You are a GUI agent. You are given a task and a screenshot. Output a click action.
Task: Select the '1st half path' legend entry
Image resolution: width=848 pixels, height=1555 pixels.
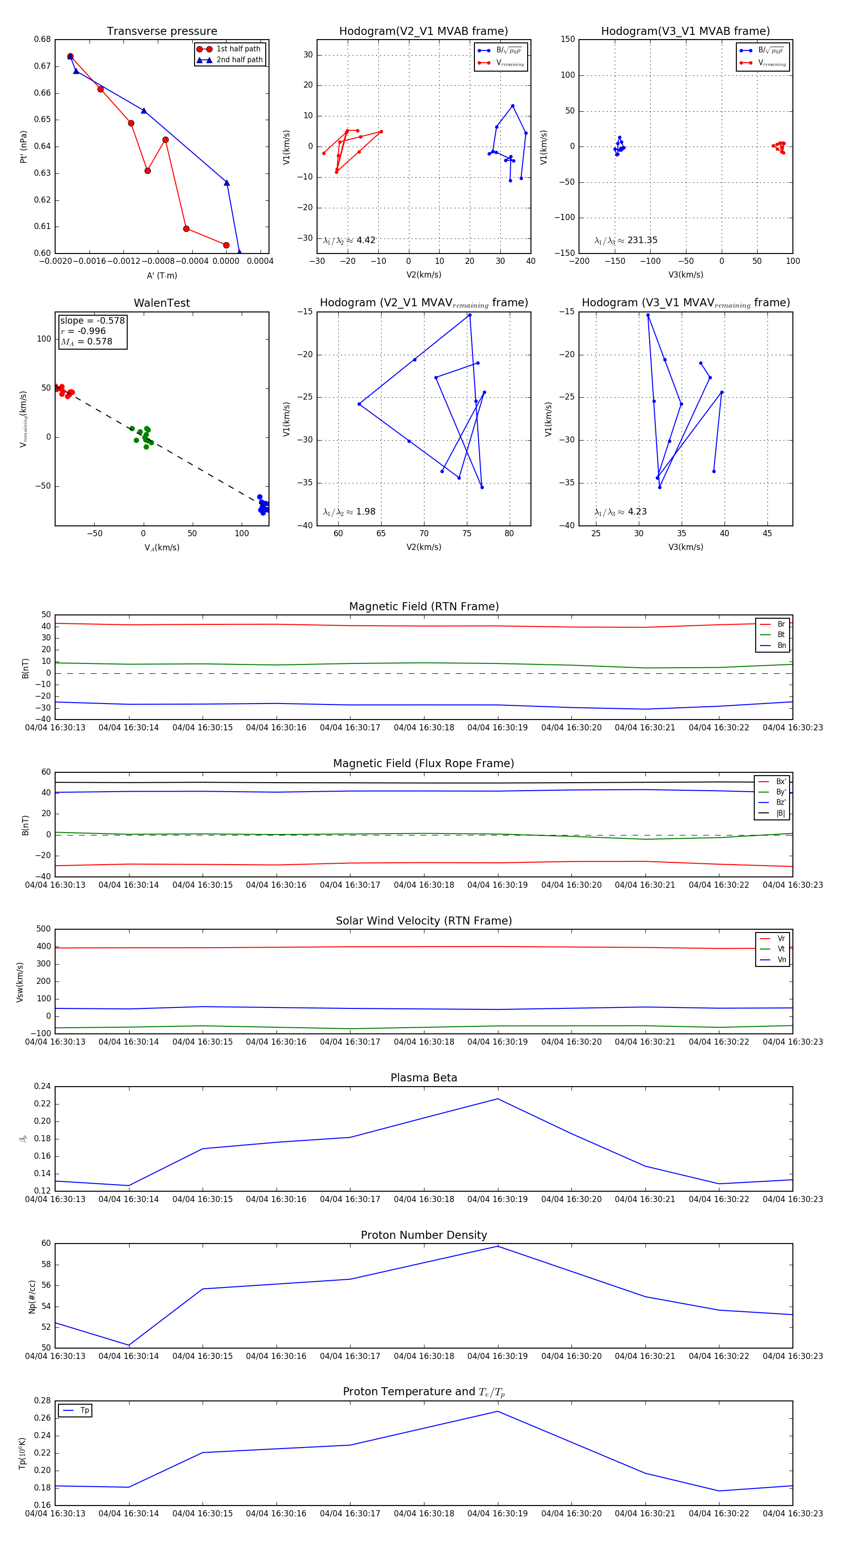(x=238, y=49)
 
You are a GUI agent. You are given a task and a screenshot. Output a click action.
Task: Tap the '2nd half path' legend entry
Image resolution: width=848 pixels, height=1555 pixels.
(x=239, y=60)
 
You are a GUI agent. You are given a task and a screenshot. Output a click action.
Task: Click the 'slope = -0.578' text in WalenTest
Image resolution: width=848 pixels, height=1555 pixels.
(x=92, y=320)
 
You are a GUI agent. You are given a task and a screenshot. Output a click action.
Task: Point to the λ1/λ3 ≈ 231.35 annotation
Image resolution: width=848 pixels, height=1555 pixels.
(x=626, y=240)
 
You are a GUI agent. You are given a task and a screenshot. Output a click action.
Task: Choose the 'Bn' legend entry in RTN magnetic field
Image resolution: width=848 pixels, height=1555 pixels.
(x=781, y=645)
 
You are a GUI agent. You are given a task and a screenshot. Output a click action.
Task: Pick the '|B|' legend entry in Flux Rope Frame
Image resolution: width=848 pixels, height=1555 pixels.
(x=781, y=813)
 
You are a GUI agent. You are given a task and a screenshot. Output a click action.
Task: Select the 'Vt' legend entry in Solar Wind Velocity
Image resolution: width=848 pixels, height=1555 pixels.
(x=781, y=949)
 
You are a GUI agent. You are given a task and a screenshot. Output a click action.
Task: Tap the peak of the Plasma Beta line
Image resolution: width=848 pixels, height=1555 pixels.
(x=498, y=1099)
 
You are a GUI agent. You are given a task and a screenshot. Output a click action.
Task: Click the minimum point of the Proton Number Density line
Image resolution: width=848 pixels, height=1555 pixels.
(x=129, y=1345)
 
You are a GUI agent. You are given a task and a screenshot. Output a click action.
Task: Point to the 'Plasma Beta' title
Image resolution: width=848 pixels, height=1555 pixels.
(x=424, y=1078)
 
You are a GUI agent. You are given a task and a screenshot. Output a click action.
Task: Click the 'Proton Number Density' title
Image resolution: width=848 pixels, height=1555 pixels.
(x=424, y=1235)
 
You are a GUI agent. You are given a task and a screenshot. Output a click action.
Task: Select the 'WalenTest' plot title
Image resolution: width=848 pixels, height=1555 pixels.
(x=162, y=303)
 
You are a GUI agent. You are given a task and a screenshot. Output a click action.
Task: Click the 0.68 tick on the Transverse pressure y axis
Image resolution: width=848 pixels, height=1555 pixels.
(x=42, y=39)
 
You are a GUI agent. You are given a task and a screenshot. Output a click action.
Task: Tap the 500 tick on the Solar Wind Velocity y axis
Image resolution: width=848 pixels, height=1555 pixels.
(x=43, y=929)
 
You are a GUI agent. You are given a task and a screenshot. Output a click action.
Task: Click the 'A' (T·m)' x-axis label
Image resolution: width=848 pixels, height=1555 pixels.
(x=162, y=275)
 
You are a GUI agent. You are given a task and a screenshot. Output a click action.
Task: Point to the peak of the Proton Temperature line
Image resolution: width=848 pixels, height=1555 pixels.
(x=498, y=1411)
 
